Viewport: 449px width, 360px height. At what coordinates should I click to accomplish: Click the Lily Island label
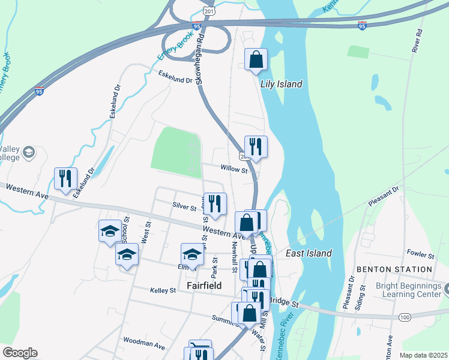(281, 84)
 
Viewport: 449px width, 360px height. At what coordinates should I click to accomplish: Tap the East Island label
(309, 253)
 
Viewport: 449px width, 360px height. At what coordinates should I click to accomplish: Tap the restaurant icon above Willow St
(256, 146)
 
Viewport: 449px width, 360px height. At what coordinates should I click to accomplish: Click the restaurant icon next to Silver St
(214, 203)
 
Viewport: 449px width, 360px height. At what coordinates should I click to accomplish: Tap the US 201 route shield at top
(208, 12)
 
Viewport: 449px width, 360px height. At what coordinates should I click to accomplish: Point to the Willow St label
(234, 170)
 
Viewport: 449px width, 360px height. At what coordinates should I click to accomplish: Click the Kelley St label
(163, 290)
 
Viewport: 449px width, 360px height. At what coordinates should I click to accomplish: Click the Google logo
(20, 353)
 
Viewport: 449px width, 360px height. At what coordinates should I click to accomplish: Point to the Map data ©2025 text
(423, 355)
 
